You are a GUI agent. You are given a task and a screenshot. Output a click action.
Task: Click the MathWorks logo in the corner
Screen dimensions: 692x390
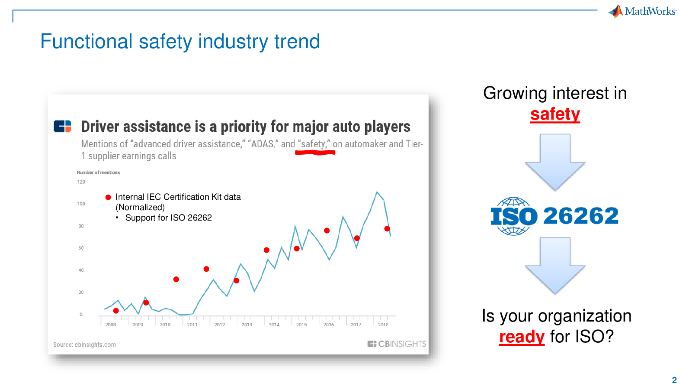pos(643,11)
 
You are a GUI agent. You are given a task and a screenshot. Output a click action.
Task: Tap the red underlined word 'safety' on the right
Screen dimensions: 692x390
pos(555,114)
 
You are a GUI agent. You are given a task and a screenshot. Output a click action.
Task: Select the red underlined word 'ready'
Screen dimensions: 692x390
pos(522,336)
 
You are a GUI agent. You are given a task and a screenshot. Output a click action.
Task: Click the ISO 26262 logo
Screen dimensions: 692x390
pos(554,216)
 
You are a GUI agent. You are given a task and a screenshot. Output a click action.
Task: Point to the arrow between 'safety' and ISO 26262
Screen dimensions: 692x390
pos(555,162)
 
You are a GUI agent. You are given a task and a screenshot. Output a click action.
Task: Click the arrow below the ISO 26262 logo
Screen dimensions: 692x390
pos(555,266)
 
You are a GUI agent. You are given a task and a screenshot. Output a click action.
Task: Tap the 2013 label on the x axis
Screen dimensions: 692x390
pos(247,325)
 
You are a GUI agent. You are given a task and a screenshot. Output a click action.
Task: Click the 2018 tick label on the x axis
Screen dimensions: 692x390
pos(383,325)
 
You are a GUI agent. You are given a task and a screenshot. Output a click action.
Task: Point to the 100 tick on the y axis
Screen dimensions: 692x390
pos(81,204)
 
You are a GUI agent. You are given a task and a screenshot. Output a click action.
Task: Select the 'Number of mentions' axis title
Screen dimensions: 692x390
pos(98,172)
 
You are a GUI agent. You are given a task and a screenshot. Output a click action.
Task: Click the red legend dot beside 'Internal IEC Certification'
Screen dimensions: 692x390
pos(108,198)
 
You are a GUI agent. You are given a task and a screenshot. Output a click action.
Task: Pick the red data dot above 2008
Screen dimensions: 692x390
pos(116,311)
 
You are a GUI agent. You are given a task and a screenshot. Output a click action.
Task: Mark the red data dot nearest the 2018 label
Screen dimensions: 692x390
pos(387,229)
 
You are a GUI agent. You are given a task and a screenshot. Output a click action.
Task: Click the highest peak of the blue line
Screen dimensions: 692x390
pos(377,192)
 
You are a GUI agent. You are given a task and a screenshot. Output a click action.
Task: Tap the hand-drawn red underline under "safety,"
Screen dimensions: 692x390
pos(315,152)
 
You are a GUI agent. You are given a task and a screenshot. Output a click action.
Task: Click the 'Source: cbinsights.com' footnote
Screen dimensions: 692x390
pos(85,344)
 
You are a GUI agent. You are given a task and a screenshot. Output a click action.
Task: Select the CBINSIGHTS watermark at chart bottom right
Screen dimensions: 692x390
pos(397,344)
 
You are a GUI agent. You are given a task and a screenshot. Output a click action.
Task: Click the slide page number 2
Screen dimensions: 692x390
pos(674,380)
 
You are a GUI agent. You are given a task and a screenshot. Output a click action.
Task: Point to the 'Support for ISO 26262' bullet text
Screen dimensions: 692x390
pos(169,218)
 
